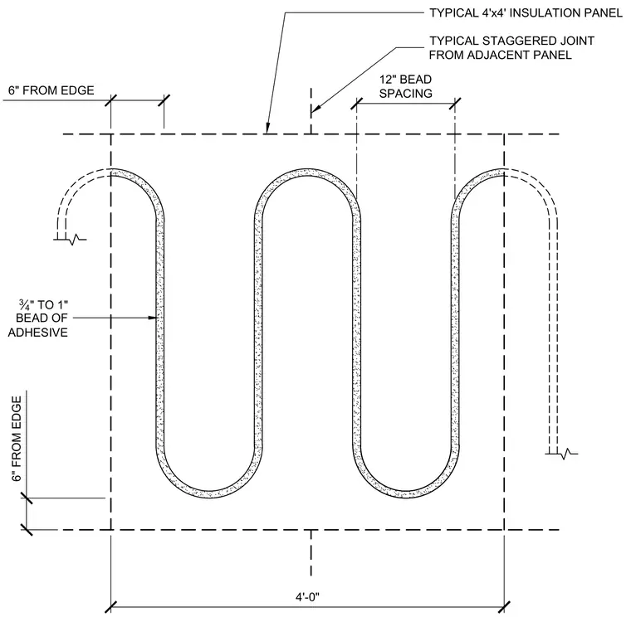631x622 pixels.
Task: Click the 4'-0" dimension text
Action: tap(307, 597)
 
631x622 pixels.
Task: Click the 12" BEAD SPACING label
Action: tap(406, 86)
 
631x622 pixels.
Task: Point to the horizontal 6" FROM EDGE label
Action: tap(51, 90)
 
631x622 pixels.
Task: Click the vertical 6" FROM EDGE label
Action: tap(17, 439)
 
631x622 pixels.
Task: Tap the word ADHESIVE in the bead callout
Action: tap(38, 333)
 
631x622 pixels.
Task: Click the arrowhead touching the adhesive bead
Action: tap(152, 318)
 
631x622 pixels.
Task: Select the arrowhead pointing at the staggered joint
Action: tap(315, 108)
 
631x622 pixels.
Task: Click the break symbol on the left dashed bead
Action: tap(70, 240)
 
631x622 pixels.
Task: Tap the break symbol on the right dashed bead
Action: tap(562, 454)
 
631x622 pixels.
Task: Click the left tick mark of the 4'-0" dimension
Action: tap(110, 607)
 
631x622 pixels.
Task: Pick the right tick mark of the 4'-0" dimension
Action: tap(504, 607)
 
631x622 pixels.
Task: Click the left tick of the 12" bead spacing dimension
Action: tap(356, 104)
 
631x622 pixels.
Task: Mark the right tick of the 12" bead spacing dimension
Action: tap(455, 104)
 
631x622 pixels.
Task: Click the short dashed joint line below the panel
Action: tap(311, 553)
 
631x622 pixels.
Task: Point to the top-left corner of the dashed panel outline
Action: tap(110, 134)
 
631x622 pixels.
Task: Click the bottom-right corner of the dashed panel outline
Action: tap(504, 530)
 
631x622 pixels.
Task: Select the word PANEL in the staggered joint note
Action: tap(552, 55)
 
